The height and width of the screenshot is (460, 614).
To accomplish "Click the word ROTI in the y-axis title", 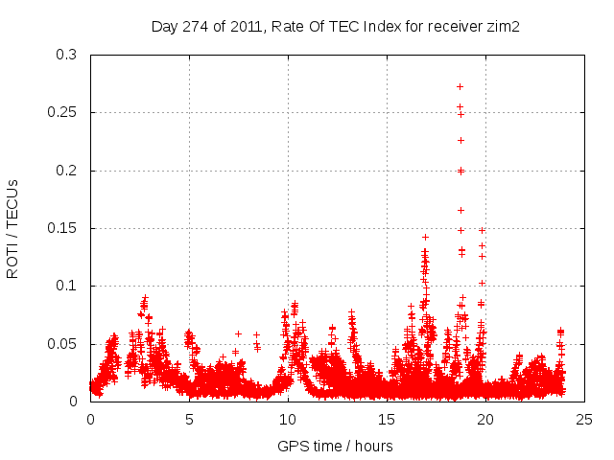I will (12, 261).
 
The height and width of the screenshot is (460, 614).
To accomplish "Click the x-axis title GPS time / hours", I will (335, 446).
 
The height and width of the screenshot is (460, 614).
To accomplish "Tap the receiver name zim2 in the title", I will (502, 27).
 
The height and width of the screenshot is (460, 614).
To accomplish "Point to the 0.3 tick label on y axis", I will (66, 55).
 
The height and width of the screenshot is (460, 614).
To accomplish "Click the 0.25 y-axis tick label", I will (62, 112).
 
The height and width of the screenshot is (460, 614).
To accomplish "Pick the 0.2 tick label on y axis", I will (66, 171).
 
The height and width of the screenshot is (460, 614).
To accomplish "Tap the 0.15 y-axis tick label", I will (62, 228).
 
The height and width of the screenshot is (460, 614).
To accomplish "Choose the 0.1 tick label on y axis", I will (66, 286).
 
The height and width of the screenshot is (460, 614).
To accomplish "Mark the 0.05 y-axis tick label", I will (62, 344).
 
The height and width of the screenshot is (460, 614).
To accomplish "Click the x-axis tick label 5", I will (189, 419).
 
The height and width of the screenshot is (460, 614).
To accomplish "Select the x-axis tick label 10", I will (288, 419).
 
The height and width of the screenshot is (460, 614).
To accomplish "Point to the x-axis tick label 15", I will (387, 419).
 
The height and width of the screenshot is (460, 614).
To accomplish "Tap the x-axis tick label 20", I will (485, 419).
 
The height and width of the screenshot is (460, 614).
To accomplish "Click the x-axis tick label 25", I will (584, 419).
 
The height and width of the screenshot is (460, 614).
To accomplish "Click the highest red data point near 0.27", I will (460, 86).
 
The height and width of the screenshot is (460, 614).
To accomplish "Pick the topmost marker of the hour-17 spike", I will (425, 237).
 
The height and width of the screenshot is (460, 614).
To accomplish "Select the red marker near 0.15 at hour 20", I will (483, 230).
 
